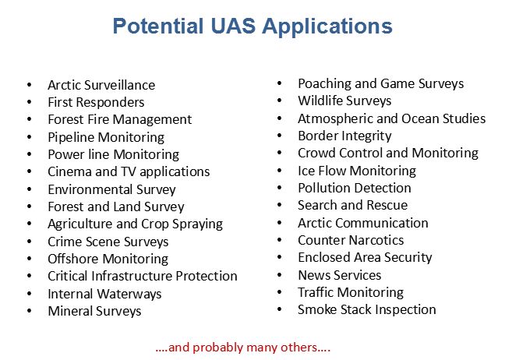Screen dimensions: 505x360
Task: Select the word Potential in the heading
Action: [x=158, y=26]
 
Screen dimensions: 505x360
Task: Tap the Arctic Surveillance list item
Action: [x=101, y=85]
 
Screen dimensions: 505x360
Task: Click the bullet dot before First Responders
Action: [x=30, y=102]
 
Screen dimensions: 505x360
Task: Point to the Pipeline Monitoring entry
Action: [x=106, y=137]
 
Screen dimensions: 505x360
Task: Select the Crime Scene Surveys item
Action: [x=108, y=242]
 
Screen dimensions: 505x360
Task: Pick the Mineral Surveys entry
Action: [x=95, y=311]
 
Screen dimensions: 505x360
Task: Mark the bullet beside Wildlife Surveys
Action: [x=279, y=101]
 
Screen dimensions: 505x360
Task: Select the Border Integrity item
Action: [x=344, y=136]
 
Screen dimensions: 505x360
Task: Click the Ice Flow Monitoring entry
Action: [x=357, y=171]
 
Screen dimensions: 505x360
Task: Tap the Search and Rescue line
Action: [x=353, y=205]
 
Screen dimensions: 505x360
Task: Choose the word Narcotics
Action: [x=376, y=240]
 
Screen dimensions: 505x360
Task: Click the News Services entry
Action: [x=340, y=275]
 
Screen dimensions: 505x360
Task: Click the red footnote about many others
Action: [x=243, y=348]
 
